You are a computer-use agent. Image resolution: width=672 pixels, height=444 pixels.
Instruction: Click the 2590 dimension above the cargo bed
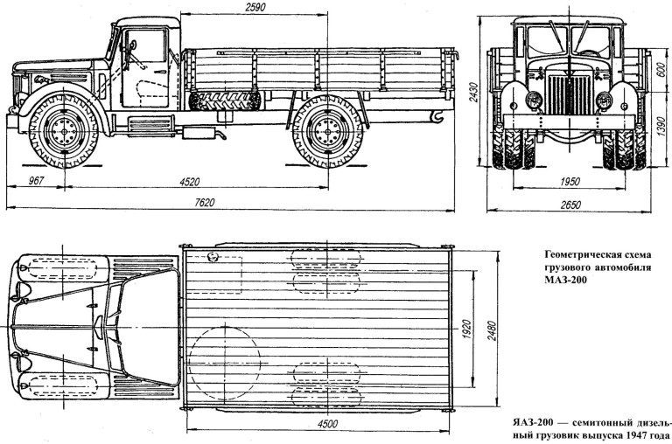click(255, 6)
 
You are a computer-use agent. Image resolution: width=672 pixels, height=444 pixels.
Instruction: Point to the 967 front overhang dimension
click(36, 180)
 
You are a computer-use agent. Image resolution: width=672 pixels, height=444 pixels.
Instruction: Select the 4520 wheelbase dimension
click(189, 182)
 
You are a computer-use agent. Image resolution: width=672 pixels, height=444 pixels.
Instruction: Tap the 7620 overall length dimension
click(204, 203)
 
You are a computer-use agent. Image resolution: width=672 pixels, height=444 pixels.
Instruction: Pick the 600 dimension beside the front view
click(661, 68)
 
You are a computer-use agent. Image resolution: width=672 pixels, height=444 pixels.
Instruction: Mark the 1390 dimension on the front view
click(661, 124)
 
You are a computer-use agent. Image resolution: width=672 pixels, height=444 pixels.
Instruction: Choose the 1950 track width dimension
click(570, 181)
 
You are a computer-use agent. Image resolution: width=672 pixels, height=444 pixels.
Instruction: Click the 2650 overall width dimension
click(570, 205)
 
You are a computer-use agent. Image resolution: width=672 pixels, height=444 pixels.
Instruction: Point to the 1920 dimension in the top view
click(467, 330)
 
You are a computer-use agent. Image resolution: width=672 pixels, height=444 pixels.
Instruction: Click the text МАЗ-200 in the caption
click(564, 280)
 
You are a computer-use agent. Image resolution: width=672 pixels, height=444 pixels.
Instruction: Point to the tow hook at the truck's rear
click(437, 116)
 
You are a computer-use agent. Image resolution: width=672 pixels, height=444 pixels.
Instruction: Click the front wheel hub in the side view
click(64, 129)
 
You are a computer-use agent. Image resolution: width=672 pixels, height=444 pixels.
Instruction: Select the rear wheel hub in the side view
click(328, 130)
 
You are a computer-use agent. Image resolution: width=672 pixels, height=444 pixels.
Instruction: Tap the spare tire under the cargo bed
click(225, 101)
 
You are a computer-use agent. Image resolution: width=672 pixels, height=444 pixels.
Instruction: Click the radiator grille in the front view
click(570, 94)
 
